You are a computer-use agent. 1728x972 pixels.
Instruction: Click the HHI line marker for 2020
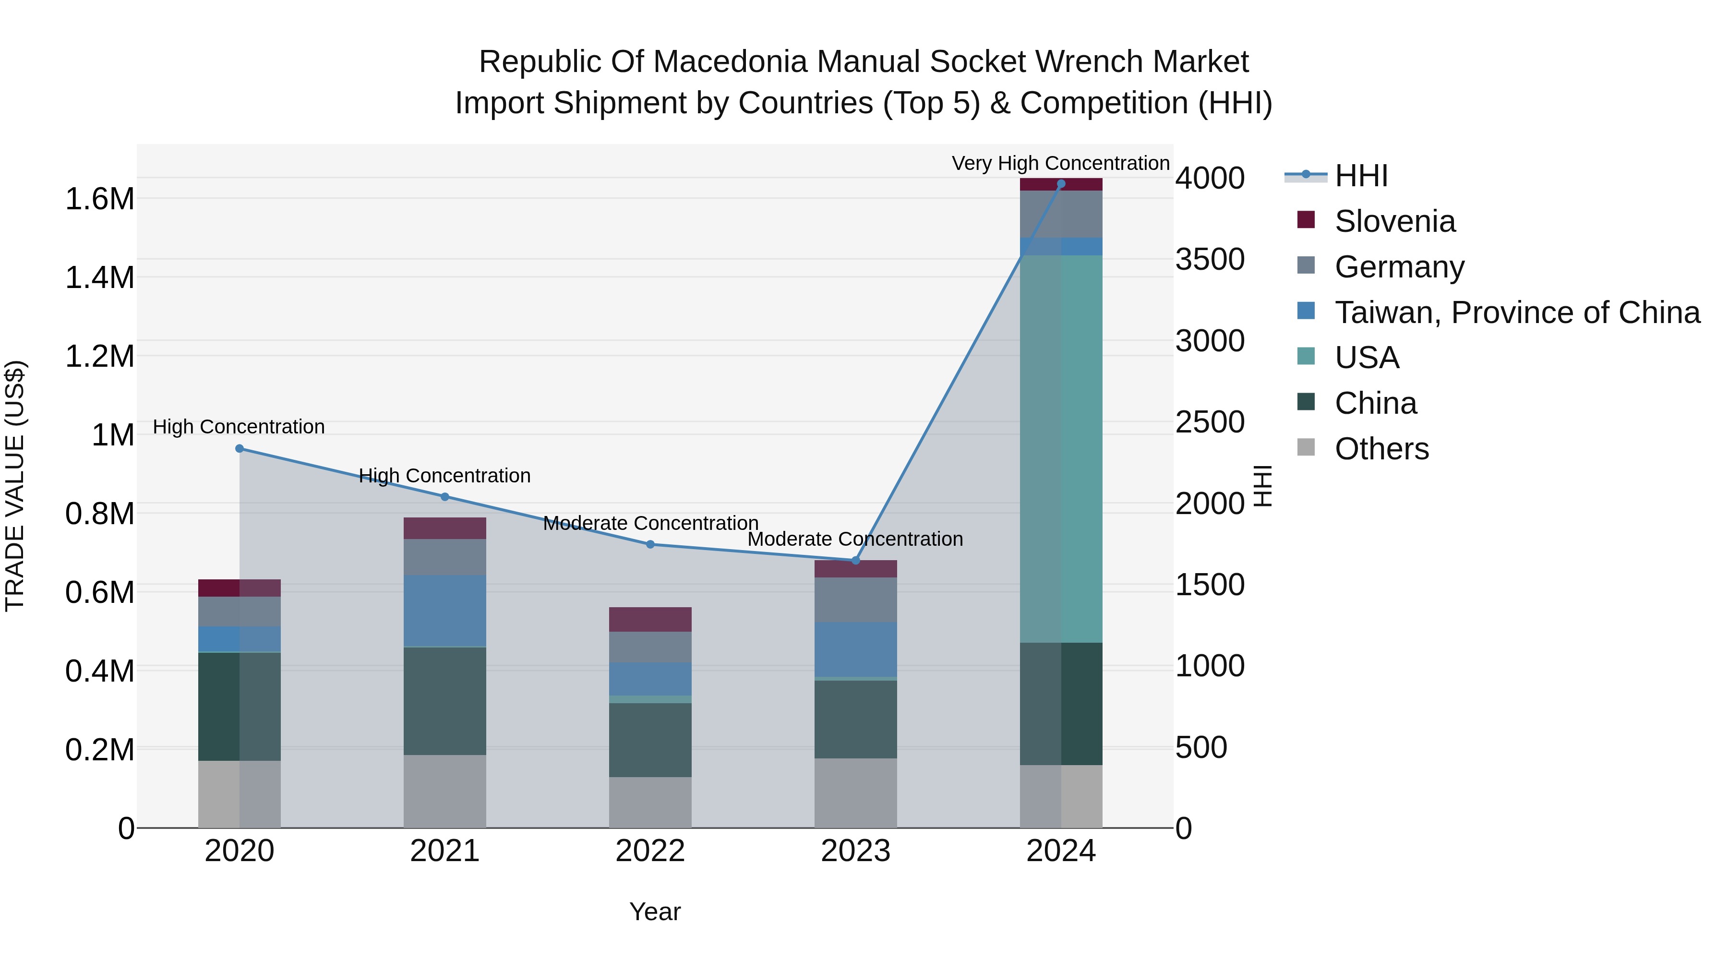240,449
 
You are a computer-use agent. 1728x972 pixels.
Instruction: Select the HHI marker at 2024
1060,184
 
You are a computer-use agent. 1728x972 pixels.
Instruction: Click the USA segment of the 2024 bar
1060,449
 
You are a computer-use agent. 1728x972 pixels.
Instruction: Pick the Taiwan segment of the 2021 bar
445,611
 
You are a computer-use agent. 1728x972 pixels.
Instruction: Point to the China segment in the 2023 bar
855,719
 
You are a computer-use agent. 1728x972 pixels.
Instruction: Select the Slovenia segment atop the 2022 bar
650,619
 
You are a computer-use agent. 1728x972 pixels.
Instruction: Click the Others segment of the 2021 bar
445,791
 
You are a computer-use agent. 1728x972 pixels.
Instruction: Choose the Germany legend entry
1399,267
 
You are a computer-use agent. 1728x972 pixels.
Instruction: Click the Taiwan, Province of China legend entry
1517,312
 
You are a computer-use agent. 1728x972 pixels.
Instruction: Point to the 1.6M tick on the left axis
100,199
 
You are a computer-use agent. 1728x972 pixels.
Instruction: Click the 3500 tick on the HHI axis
1210,260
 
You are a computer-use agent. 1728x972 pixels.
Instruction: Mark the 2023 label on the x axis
855,851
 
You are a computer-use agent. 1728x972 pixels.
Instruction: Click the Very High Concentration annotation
1060,163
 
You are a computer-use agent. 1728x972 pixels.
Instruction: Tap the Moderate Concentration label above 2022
650,523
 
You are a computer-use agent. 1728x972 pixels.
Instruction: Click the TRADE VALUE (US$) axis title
15,486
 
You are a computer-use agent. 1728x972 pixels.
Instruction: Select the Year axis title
655,912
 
